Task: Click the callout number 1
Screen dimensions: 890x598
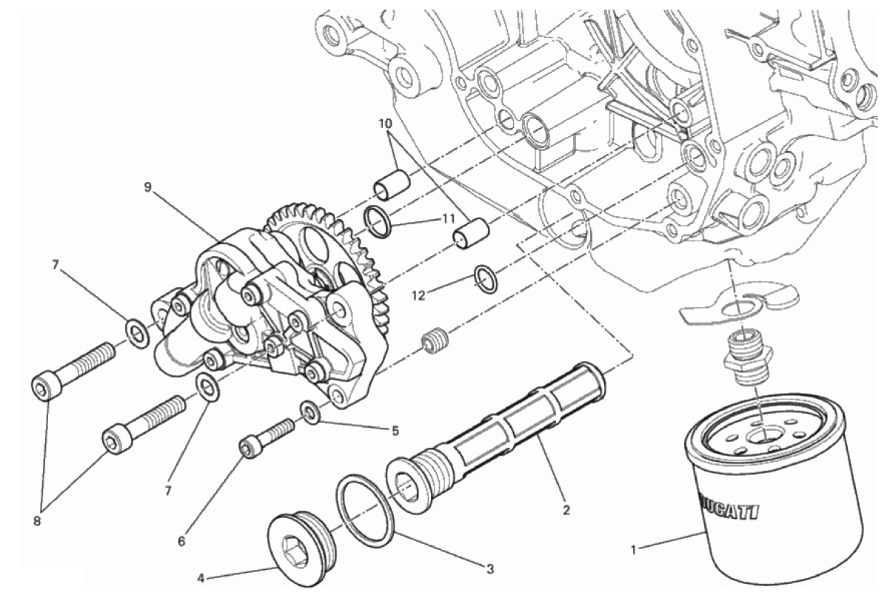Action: tap(634, 551)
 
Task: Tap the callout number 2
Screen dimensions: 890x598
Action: tap(566, 510)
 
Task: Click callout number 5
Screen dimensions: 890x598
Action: tap(395, 431)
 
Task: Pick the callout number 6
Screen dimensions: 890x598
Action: tap(181, 542)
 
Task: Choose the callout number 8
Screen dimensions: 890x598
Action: tap(37, 521)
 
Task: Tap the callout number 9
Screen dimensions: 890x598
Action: tap(148, 187)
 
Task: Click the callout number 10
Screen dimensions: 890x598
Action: tap(385, 123)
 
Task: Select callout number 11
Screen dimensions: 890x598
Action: tap(448, 220)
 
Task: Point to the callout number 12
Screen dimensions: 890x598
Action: tap(418, 295)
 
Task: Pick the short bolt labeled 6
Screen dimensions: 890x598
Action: tap(267, 439)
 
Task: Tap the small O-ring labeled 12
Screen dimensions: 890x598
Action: tap(485, 279)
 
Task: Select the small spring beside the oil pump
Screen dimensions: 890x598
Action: tap(435, 340)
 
